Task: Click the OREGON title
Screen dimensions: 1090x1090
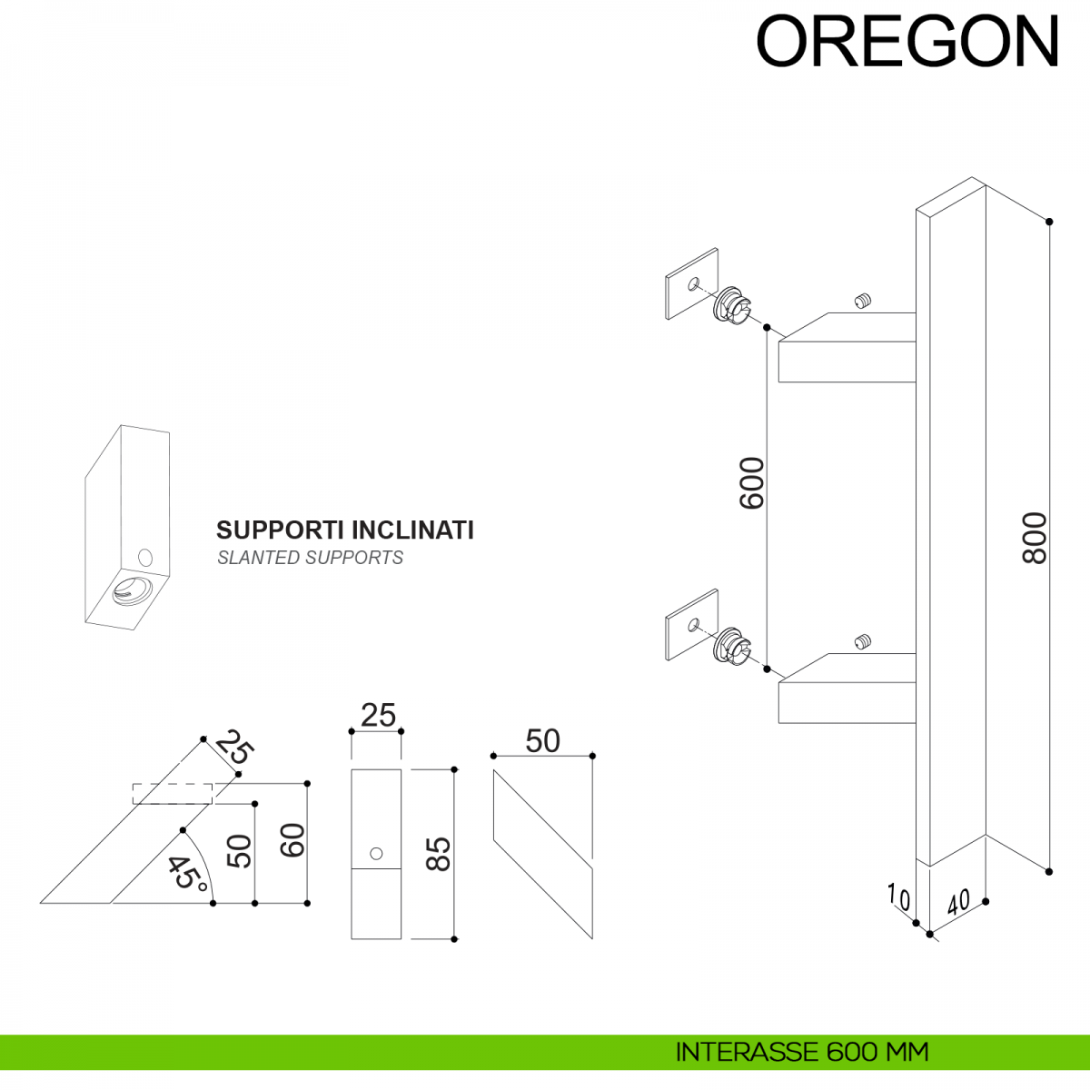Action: tap(907, 42)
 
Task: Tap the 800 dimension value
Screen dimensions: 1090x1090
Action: tap(1035, 538)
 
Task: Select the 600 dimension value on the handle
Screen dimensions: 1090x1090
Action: tap(752, 483)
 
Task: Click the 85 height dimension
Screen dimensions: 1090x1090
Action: tap(439, 854)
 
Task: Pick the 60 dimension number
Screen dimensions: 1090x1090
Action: tap(292, 840)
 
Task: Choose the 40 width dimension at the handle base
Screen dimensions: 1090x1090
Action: tap(958, 902)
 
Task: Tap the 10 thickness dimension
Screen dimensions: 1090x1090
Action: tap(898, 897)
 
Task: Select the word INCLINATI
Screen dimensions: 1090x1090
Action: tap(412, 530)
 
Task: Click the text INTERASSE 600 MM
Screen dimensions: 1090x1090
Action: tap(802, 1052)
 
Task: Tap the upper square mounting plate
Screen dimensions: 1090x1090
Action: tap(692, 284)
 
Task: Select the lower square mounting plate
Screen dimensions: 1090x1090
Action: tap(692, 625)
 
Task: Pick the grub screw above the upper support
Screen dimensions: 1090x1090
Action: tap(863, 301)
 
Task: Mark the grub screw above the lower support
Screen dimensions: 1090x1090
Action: tap(863, 641)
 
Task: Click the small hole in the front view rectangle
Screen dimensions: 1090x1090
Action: tap(376, 853)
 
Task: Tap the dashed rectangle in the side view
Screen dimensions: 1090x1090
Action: tap(173, 793)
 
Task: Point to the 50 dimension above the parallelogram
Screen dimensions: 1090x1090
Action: tap(542, 741)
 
